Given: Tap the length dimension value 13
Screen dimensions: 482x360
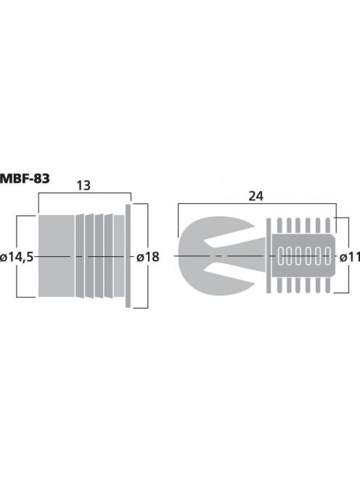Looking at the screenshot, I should click(83, 187).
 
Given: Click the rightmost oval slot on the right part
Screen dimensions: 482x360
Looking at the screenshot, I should click(327, 256).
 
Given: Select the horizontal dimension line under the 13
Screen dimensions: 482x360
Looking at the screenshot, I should click(83, 195).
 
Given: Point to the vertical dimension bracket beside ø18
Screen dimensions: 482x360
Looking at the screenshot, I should click(147, 218).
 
